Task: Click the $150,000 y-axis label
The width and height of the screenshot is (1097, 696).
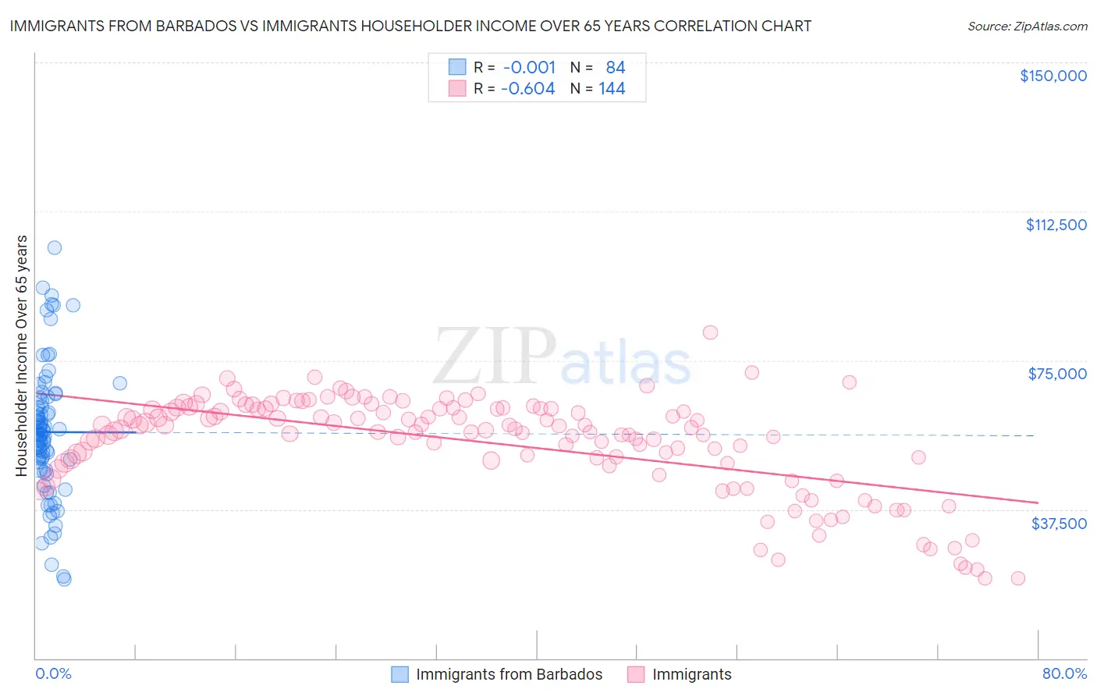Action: (x=1053, y=76)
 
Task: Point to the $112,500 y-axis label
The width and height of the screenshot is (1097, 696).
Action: (x=1056, y=225)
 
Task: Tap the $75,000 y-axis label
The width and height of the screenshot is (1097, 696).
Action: (x=1057, y=374)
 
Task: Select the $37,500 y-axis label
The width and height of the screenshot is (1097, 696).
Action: (x=1059, y=524)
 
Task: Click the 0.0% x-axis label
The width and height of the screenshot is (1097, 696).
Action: (x=53, y=673)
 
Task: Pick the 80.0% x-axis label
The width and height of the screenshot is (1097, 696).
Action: (x=1064, y=673)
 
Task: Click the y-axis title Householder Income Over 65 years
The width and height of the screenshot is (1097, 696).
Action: (x=22, y=355)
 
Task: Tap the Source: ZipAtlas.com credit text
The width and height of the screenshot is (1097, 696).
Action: (x=1027, y=26)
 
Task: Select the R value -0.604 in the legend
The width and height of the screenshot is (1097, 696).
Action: (x=527, y=89)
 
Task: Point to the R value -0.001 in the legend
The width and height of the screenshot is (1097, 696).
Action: (x=527, y=67)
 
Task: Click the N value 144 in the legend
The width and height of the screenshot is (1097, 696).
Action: (x=612, y=89)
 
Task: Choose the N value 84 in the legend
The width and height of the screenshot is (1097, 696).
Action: (x=616, y=67)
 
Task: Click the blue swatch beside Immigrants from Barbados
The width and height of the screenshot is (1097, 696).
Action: (x=399, y=674)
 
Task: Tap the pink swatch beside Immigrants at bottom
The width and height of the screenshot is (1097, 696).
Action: (x=636, y=674)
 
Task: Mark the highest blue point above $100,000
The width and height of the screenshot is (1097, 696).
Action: (x=55, y=247)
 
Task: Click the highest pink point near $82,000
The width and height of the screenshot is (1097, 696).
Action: (x=710, y=332)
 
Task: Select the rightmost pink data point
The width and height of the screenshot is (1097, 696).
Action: (x=1017, y=578)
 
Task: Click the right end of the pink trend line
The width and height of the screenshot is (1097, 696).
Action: (x=1038, y=502)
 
